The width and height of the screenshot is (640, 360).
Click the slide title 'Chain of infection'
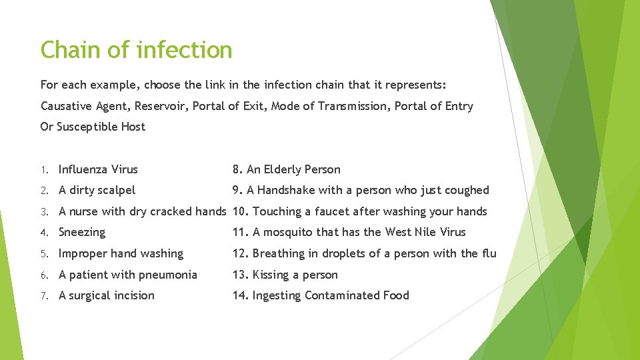click(136, 50)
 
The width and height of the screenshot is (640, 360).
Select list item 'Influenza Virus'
click(98, 169)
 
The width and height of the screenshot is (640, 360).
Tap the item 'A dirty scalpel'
click(97, 190)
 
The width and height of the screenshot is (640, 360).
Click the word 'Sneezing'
click(82, 232)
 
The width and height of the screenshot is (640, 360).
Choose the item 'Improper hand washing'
click(121, 253)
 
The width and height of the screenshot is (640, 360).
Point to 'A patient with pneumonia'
click(128, 275)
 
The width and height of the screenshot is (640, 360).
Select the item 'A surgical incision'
click(107, 295)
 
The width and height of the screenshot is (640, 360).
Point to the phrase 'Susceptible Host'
click(101, 127)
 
